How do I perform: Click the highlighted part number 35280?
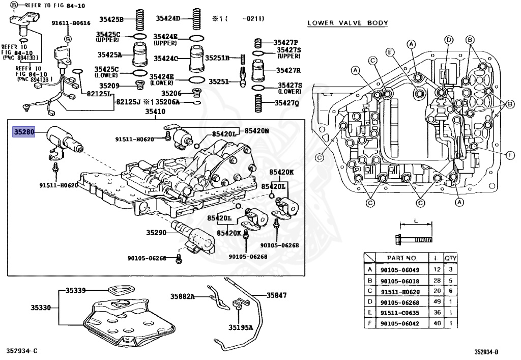(x=23, y=132)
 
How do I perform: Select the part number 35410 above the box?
(x=155, y=112)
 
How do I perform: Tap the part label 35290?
(x=156, y=232)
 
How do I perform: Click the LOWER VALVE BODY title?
(x=348, y=23)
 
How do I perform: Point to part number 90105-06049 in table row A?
(x=400, y=270)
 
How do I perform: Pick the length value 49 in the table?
(x=437, y=301)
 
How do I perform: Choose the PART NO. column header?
(x=402, y=258)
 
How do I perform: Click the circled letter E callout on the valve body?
(x=390, y=52)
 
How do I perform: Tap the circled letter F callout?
(x=510, y=155)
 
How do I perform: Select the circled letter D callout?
(x=449, y=40)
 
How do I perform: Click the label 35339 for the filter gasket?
(x=75, y=291)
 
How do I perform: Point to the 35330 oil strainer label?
(x=41, y=308)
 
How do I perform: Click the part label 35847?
(x=276, y=295)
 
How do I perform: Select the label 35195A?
(x=241, y=328)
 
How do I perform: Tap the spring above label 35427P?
(x=258, y=43)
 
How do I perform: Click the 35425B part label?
(x=111, y=19)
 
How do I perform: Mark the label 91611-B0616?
(x=71, y=23)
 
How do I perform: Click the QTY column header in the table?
(x=451, y=258)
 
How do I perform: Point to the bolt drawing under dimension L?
(x=414, y=239)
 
